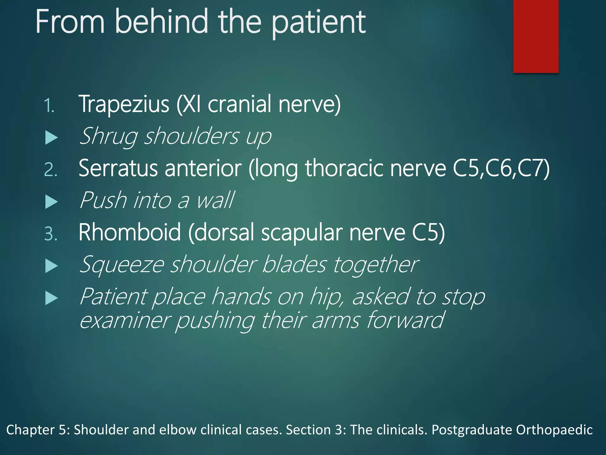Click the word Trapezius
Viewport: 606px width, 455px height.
pos(124,104)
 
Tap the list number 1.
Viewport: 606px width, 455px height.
pos(49,106)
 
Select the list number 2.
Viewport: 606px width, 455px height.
pos(50,170)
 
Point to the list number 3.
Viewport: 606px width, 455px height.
pos(50,234)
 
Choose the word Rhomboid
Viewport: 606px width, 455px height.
pos(130,232)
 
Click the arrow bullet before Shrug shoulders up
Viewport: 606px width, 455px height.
pos(51,138)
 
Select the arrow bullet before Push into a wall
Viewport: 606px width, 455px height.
pos(51,202)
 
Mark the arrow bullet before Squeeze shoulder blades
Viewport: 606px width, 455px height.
pos(51,266)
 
